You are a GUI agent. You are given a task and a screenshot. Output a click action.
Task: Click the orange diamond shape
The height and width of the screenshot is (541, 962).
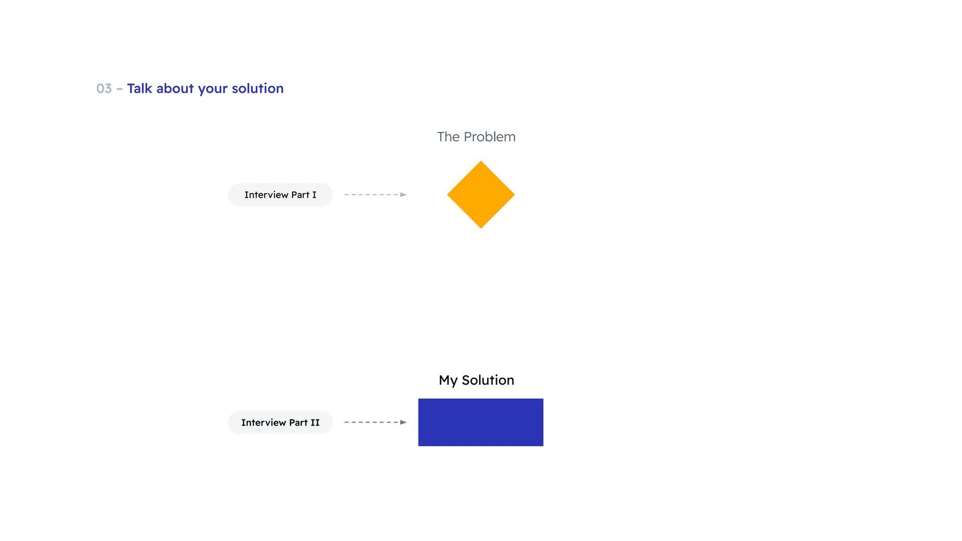[x=481, y=194]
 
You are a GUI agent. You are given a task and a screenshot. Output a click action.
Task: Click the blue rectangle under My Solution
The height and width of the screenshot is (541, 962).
[x=481, y=422]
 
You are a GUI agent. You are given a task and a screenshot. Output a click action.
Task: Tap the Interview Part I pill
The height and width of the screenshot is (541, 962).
[x=280, y=194]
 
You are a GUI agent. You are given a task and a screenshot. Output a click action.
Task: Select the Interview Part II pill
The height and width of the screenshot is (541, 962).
[x=280, y=422]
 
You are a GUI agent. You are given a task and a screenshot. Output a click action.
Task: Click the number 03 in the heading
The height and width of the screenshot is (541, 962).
[x=104, y=88]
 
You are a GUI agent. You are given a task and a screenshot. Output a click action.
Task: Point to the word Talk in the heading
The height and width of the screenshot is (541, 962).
[x=140, y=88]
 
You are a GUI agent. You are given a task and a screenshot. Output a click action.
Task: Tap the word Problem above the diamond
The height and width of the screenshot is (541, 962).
[x=489, y=137]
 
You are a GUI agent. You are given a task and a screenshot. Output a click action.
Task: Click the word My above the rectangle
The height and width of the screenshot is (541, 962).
[x=448, y=380]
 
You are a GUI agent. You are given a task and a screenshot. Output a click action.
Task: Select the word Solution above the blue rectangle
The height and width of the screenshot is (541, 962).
[x=488, y=380]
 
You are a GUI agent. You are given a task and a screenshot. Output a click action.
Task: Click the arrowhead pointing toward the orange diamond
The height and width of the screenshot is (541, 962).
[x=403, y=194]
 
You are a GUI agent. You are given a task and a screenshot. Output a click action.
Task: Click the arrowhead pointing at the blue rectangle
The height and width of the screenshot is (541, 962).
[x=403, y=422]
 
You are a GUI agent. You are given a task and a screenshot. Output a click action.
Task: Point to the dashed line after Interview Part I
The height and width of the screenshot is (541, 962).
[x=372, y=194]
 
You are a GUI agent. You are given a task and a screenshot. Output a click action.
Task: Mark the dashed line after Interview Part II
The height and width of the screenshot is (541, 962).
[x=372, y=422]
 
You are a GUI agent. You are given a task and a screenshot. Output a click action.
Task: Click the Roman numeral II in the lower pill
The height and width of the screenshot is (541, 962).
[x=315, y=422]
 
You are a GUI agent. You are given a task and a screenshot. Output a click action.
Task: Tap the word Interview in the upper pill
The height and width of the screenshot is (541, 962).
[x=266, y=194]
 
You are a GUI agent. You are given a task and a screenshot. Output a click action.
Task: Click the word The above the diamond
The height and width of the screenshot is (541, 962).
[x=448, y=137]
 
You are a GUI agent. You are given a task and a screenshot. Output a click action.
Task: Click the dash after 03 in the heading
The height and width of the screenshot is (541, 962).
[x=119, y=89]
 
